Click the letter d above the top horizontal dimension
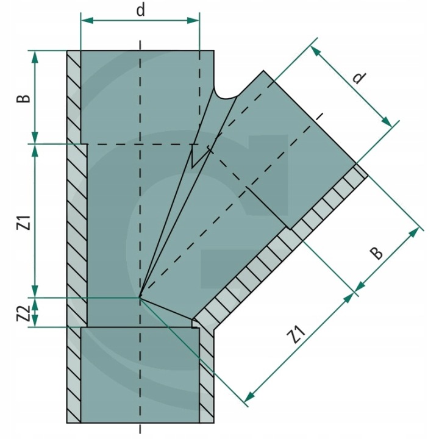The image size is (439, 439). point(141,10)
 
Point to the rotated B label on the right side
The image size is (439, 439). point(377,251)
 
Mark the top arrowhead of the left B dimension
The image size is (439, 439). point(35,56)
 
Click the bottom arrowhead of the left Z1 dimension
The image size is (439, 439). point(35,293)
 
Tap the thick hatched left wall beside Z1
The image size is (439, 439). point(77,232)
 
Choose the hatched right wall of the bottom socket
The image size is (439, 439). point(207,378)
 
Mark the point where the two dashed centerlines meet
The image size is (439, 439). point(140,298)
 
